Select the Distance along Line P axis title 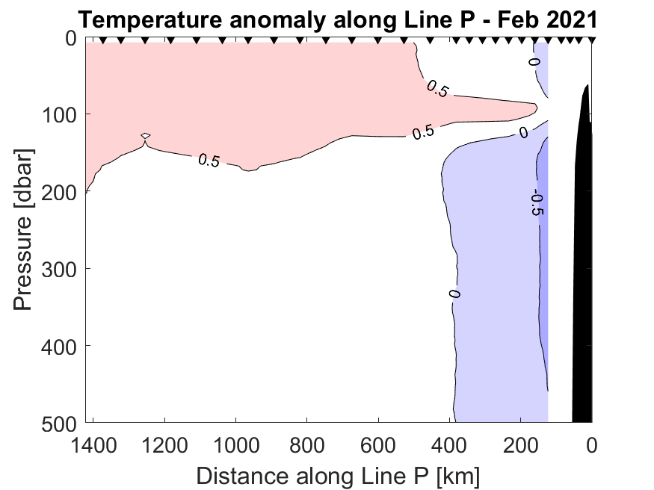pos(338,474)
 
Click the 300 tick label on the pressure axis pos(58,268)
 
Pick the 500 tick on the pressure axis pos(58,422)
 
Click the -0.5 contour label pos(536,203)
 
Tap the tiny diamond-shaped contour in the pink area pos(146,135)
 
